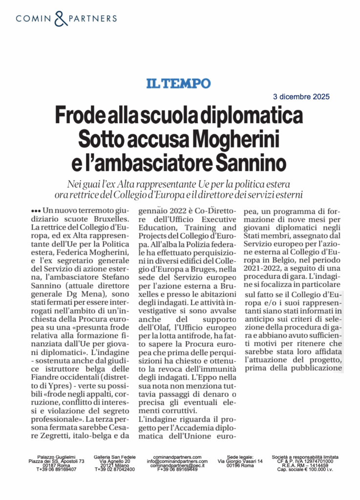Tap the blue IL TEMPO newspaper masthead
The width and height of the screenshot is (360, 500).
[x=179, y=83]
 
